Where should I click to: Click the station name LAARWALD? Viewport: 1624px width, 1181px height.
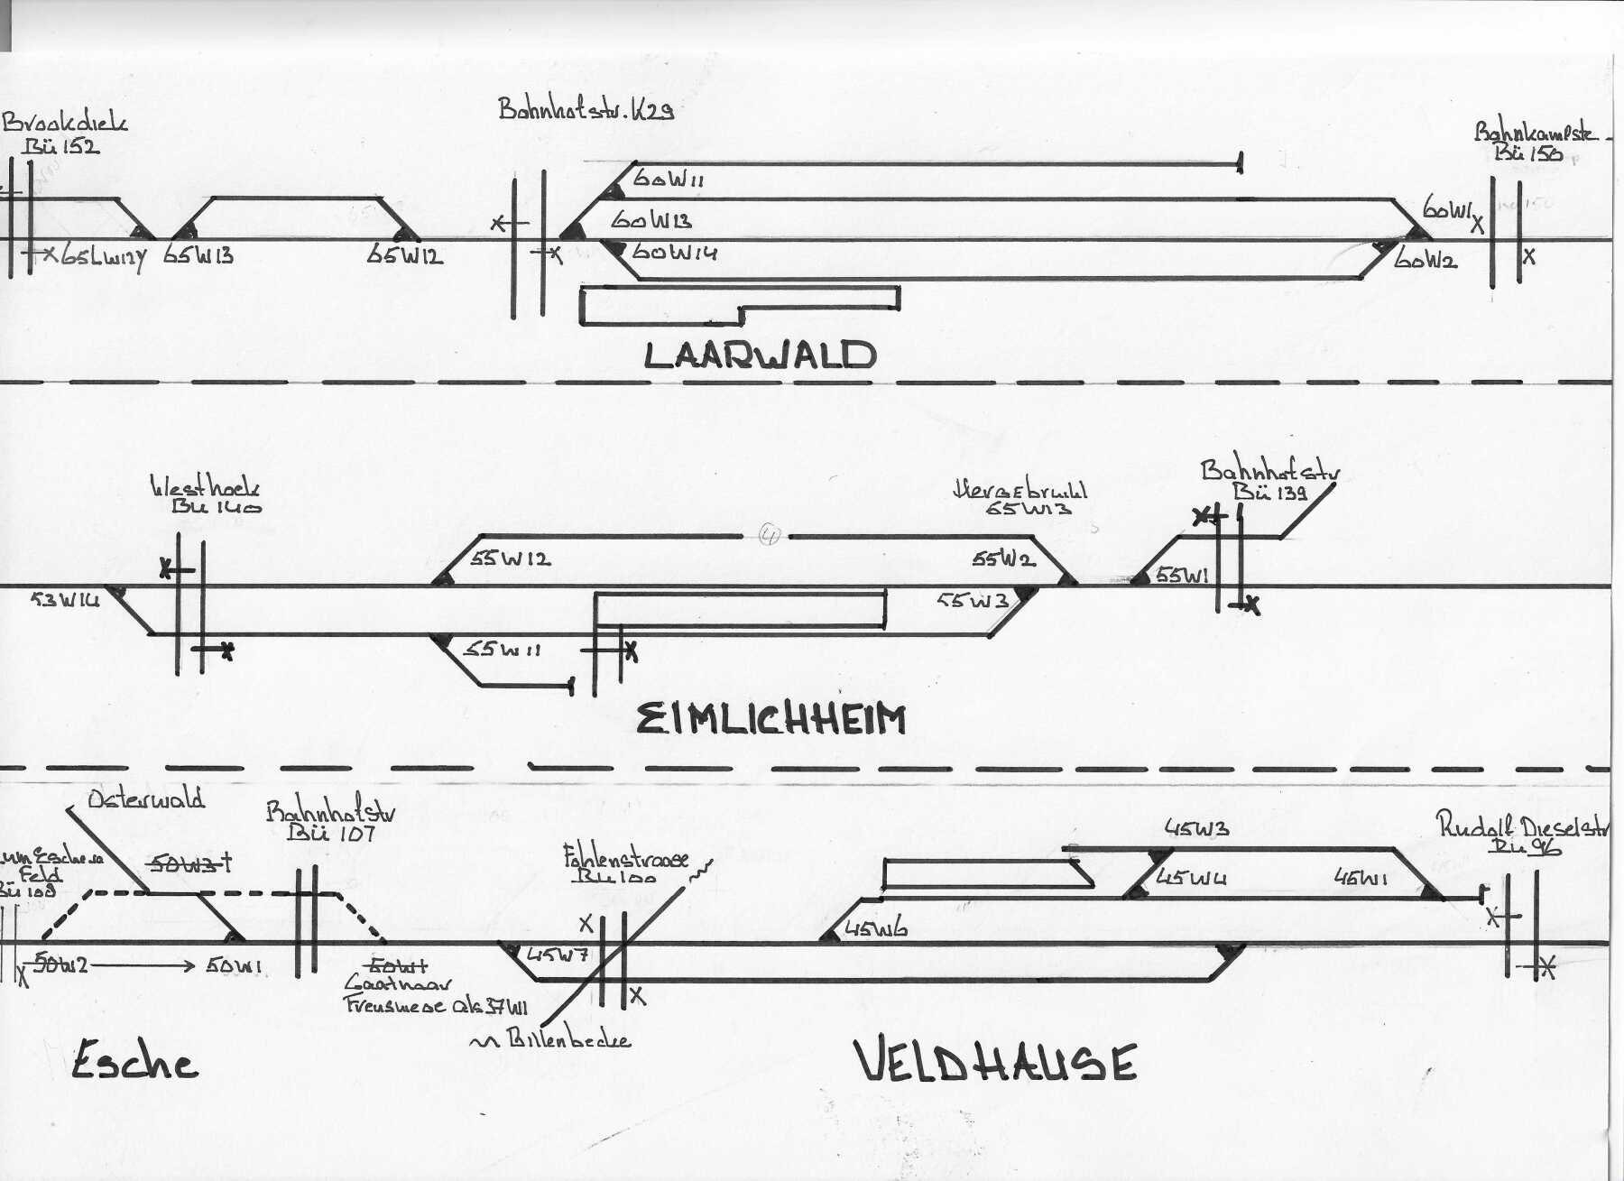(760, 355)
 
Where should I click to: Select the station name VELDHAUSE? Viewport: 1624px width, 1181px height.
(995, 1062)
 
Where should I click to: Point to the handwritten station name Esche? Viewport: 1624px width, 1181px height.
(134, 1061)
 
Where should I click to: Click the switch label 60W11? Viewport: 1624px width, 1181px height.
(669, 179)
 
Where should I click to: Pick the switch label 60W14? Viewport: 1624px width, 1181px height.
(674, 253)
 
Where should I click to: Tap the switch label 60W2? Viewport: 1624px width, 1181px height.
(1426, 260)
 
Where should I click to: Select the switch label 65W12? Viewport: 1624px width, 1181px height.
(404, 256)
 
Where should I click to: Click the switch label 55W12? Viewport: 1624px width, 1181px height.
(510, 559)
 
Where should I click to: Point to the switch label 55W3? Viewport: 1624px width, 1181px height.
(973, 600)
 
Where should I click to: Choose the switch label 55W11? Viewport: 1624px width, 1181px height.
(502, 650)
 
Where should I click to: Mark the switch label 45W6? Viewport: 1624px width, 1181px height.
(875, 929)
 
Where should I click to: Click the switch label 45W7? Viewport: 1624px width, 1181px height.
(558, 955)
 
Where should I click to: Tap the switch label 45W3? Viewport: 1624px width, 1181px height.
(1196, 828)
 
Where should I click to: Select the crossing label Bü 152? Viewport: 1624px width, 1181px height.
(61, 146)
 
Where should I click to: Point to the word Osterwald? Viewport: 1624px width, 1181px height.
(146, 799)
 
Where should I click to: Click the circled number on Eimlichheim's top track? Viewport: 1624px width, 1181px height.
(769, 535)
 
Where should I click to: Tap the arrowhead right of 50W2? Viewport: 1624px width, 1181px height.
(189, 965)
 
